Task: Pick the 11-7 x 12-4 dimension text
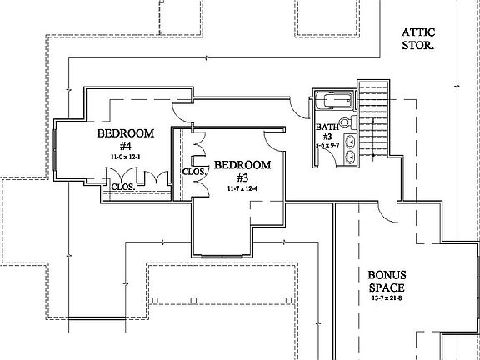pos(242,189)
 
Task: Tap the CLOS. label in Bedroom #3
pos(196,172)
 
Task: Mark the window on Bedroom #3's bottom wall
pos(222,252)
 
